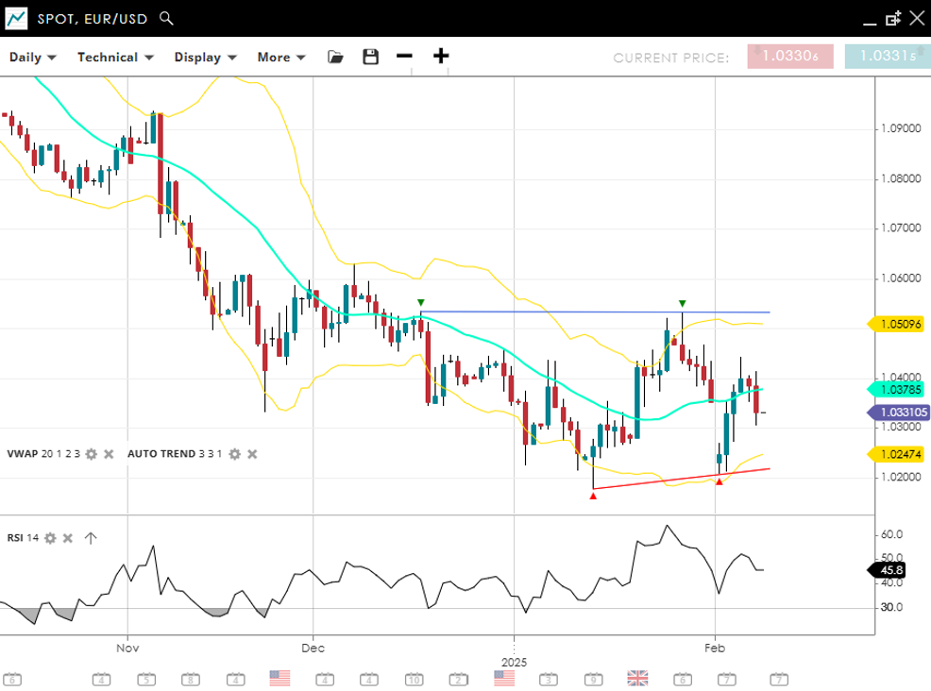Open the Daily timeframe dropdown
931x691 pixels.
[x=32, y=57]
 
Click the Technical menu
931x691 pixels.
[x=114, y=57]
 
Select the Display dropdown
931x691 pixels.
[x=204, y=57]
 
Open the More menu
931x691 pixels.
[x=280, y=57]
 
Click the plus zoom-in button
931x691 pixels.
[x=441, y=56]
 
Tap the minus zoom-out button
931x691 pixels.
[x=404, y=56]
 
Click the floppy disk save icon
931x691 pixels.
[x=370, y=57]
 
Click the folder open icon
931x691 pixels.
[x=335, y=57]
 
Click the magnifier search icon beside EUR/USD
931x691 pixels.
[x=166, y=18]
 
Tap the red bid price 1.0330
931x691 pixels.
[x=789, y=57]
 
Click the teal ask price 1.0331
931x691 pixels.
[x=888, y=57]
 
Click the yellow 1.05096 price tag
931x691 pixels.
[x=899, y=324]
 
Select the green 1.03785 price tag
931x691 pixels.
[x=899, y=389]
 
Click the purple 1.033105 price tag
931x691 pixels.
[x=899, y=413]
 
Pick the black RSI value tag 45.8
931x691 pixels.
[x=890, y=570]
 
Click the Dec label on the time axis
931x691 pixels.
[x=313, y=649]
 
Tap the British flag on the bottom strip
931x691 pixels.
[x=637, y=678]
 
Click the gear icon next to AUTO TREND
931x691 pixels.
[x=234, y=454]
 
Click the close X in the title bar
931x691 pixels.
[x=916, y=18]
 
